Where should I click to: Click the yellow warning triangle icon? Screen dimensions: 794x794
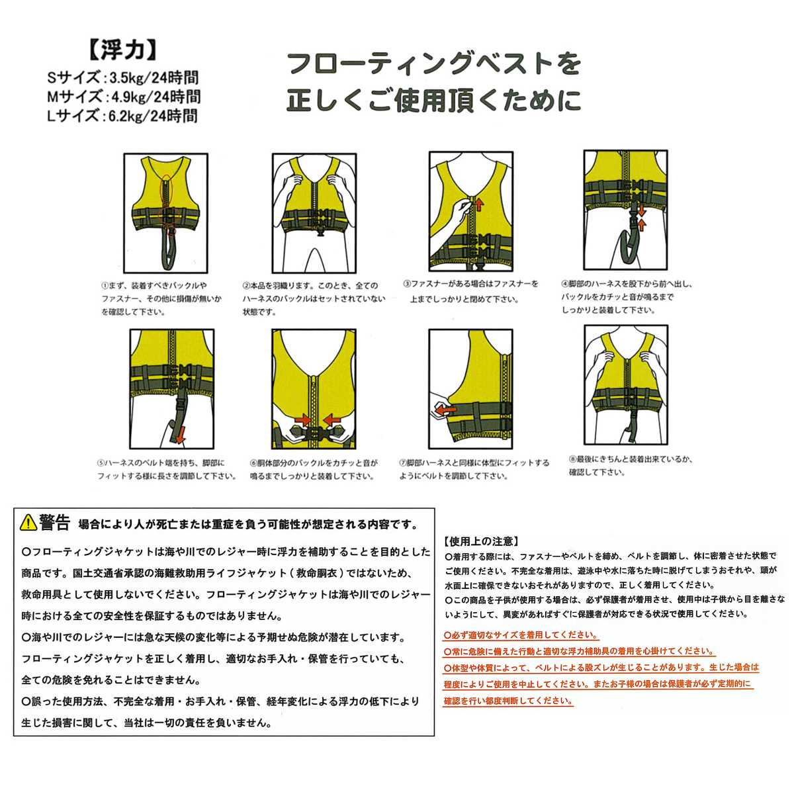(x=28, y=523)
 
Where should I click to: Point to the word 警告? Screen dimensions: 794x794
(x=55, y=523)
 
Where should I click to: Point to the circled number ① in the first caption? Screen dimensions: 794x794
(x=104, y=286)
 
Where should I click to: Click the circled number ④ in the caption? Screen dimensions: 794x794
(x=564, y=284)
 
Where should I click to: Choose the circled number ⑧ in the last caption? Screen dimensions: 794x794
(x=573, y=459)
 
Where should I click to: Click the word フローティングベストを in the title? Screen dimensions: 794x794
(x=433, y=64)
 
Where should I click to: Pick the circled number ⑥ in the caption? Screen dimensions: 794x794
(x=253, y=463)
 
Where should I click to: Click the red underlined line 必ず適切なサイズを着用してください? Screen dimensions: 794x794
(x=521, y=635)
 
